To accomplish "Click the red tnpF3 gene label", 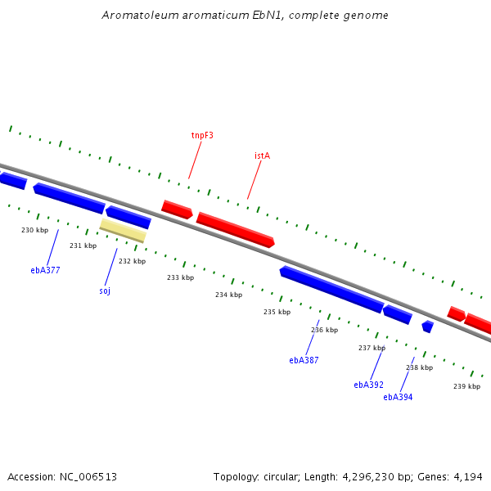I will (x=202, y=135).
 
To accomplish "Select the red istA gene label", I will (x=262, y=155).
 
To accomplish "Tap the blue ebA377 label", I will (x=45, y=270).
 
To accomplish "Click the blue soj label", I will (x=105, y=291).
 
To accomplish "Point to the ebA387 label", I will (x=304, y=360).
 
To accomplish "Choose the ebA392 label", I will (x=368, y=385).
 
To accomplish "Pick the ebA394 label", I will (x=398, y=398).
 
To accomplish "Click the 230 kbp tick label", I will (x=34, y=231).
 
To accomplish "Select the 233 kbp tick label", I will (x=180, y=277).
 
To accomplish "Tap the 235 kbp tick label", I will (x=277, y=312).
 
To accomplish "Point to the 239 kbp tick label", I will (x=466, y=386).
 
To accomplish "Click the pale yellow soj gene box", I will (x=123, y=230).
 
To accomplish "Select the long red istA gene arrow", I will (x=235, y=229).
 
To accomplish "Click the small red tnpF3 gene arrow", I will (x=177, y=209).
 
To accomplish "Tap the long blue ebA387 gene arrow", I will (x=331, y=289).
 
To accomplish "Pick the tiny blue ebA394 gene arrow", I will (x=427, y=327).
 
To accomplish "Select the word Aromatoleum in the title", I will (x=137, y=16).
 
